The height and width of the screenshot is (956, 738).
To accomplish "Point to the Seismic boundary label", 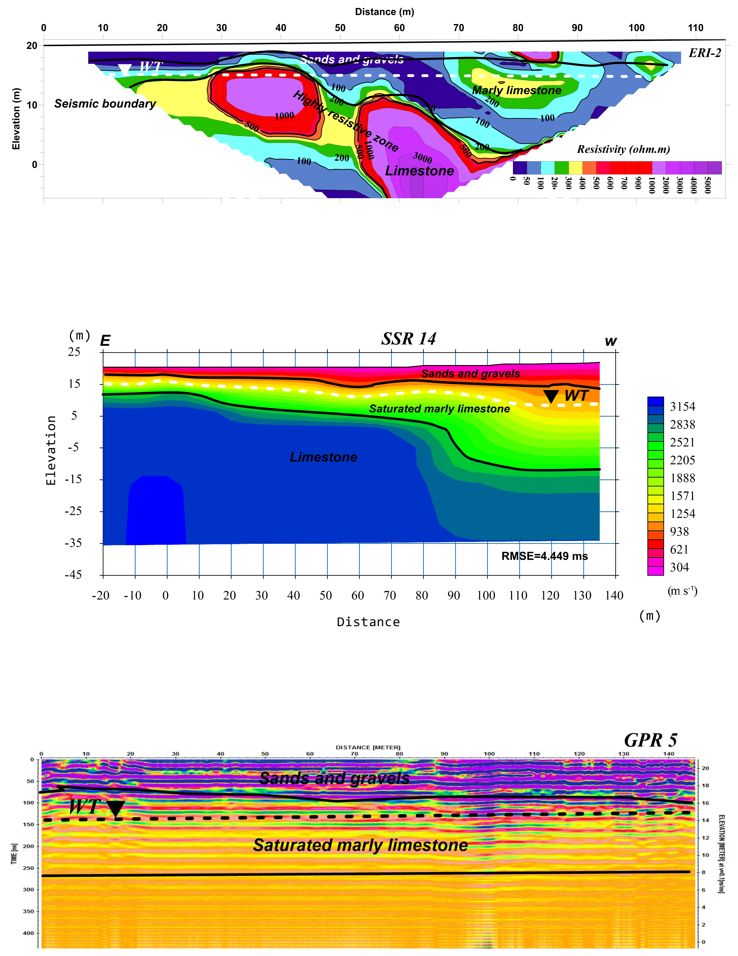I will [105, 104].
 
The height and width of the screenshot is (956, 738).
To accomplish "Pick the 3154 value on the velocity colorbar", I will [682, 407].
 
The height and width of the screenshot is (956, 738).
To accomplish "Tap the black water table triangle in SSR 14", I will [550, 396].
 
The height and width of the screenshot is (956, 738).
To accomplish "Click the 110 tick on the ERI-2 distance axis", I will [696, 28].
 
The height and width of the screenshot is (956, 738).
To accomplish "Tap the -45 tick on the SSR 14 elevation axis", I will [74, 575].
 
